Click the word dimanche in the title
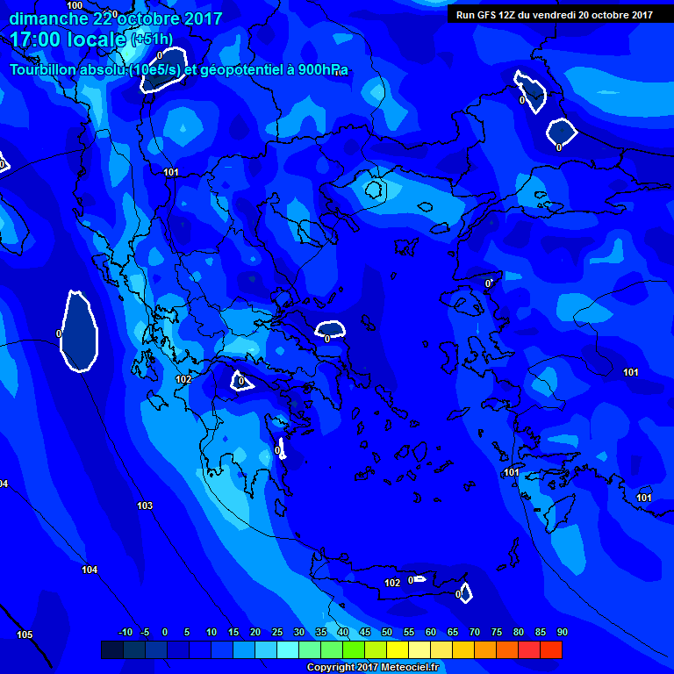(48, 18)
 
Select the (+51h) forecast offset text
(152, 39)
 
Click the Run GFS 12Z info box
(554, 14)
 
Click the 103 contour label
(145, 506)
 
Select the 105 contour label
(25, 635)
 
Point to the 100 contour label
(75, 5)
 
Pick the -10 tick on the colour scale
(125, 632)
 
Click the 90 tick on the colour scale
(562, 632)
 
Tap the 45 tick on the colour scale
(365, 632)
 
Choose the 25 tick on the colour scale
(277, 632)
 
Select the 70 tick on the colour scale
(475, 632)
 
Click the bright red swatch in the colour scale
(551, 649)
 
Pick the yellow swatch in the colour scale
(398, 649)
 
